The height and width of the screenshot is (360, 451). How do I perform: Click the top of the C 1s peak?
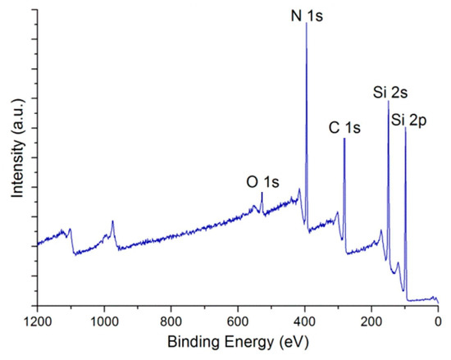(344, 139)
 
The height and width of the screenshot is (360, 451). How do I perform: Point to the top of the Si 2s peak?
(389, 100)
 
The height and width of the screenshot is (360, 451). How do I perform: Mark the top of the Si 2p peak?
(405, 126)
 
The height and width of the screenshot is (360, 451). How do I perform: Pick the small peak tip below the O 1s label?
(262, 193)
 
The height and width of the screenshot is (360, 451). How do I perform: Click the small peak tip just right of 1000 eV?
(112, 221)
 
